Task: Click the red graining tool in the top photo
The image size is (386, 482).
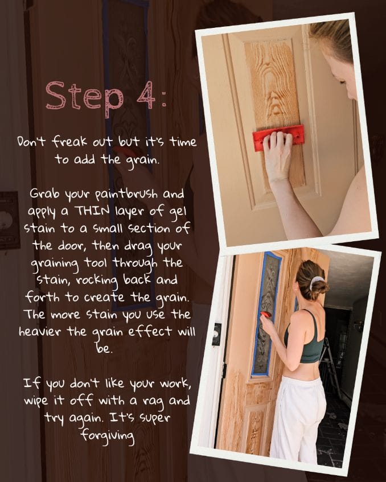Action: [278, 138]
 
